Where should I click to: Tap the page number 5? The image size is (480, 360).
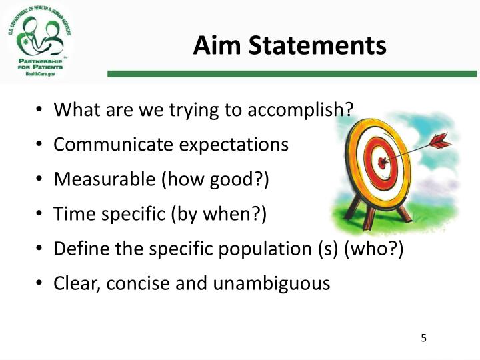423,338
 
